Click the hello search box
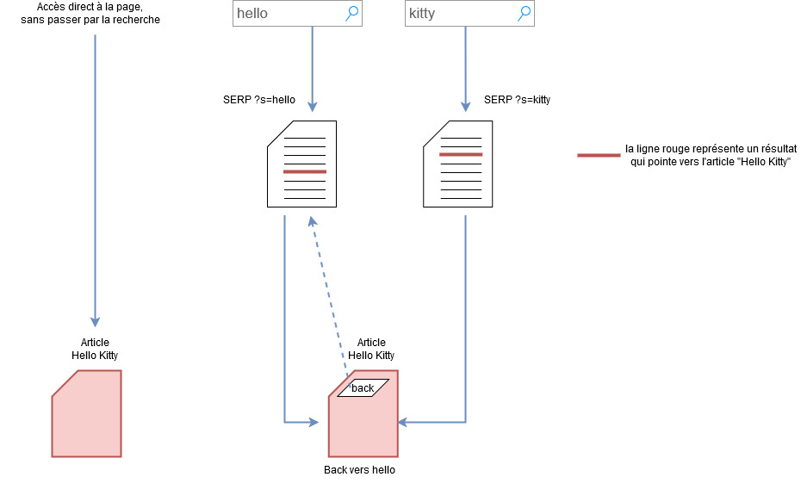pos(289,14)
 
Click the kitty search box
pos(461,14)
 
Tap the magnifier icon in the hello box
pos(351,13)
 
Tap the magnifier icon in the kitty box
pos(524,13)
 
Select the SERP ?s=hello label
pos(259,100)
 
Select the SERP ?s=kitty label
pos(517,100)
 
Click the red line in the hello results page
pos(305,172)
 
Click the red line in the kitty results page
pos(461,154)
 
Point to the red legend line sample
pos(599,156)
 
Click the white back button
pos(363,388)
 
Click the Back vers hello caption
pos(359,470)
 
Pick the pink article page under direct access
pos(87,413)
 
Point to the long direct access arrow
pos(95,172)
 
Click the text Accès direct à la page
pos(96,7)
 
